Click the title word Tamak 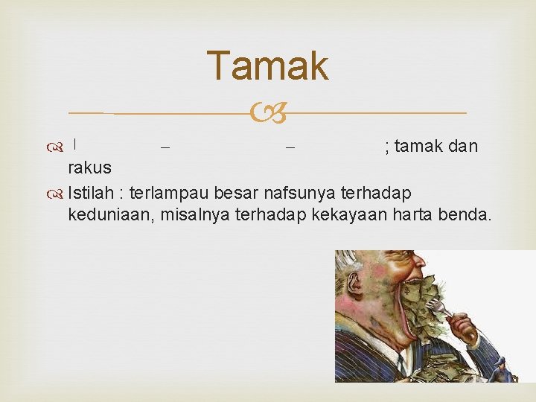267,66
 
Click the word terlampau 169,194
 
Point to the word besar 234,194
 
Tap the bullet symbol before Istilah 57,194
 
